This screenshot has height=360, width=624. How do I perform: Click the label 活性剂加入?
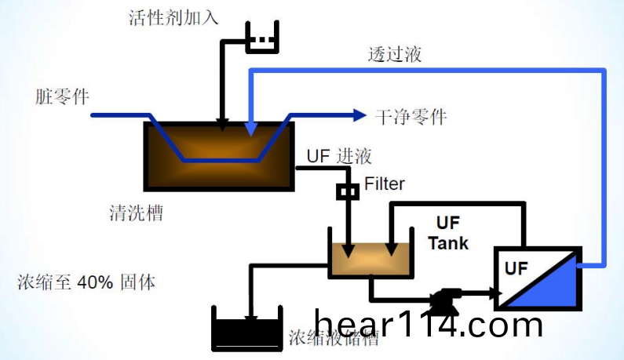[173, 17]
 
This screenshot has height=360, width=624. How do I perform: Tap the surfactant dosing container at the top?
[261, 39]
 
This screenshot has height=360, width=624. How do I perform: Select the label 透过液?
[395, 54]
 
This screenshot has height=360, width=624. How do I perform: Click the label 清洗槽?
[137, 213]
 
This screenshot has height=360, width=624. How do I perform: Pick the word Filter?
[385, 184]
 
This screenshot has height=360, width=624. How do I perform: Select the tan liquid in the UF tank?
[370, 260]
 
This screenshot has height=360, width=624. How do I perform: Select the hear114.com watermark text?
[428, 323]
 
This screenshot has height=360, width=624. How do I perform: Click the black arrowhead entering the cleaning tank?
[223, 125]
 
